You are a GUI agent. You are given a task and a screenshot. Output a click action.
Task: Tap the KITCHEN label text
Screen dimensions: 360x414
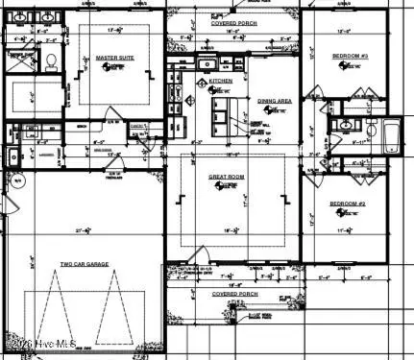coord(221,82)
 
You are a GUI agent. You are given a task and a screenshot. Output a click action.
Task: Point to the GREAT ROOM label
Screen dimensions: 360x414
coord(229,178)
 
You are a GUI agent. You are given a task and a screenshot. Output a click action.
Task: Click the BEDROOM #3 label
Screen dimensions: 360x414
coord(350,57)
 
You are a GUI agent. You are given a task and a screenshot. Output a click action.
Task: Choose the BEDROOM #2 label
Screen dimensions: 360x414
coord(348,204)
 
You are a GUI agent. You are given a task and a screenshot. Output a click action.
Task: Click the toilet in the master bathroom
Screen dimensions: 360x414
coord(50,61)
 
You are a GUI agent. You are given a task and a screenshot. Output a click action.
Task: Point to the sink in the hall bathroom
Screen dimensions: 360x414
coord(345,125)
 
